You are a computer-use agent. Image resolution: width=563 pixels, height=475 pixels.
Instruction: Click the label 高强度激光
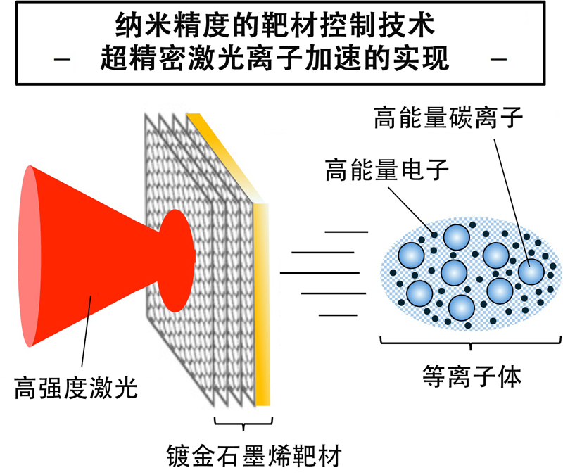(x=75, y=386)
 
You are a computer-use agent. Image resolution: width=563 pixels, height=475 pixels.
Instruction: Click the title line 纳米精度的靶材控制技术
(x=280, y=28)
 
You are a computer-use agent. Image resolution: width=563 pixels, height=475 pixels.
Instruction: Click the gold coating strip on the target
(x=262, y=303)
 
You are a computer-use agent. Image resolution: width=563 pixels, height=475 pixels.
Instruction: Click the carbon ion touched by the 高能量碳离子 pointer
(x=531, y=272)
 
